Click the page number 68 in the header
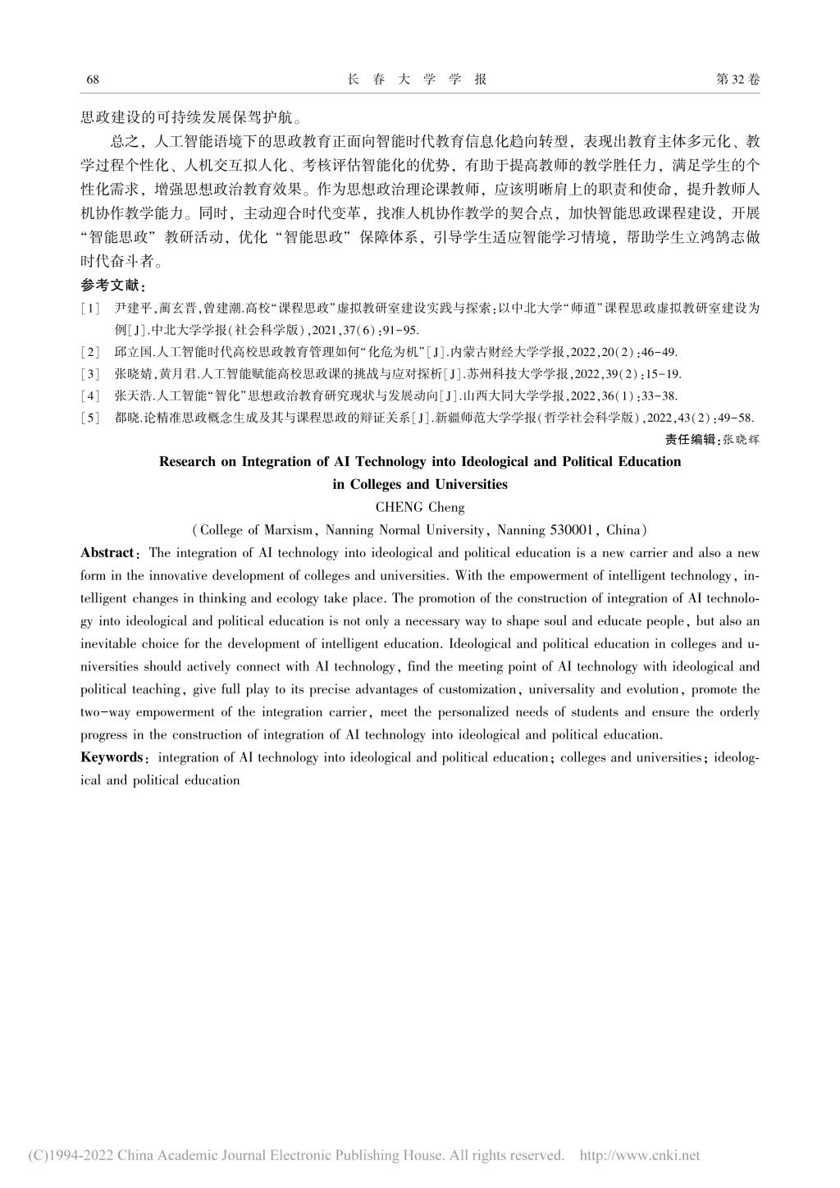92,80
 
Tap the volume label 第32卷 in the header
737,80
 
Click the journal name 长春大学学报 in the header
418,80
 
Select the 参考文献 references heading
112,286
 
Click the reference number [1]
90,309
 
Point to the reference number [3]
90,374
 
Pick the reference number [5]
90,418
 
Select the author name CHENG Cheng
419,507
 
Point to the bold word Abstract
107,553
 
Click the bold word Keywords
111,757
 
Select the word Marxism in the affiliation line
290,530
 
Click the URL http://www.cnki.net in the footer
640,1156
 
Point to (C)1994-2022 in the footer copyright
71,1156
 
